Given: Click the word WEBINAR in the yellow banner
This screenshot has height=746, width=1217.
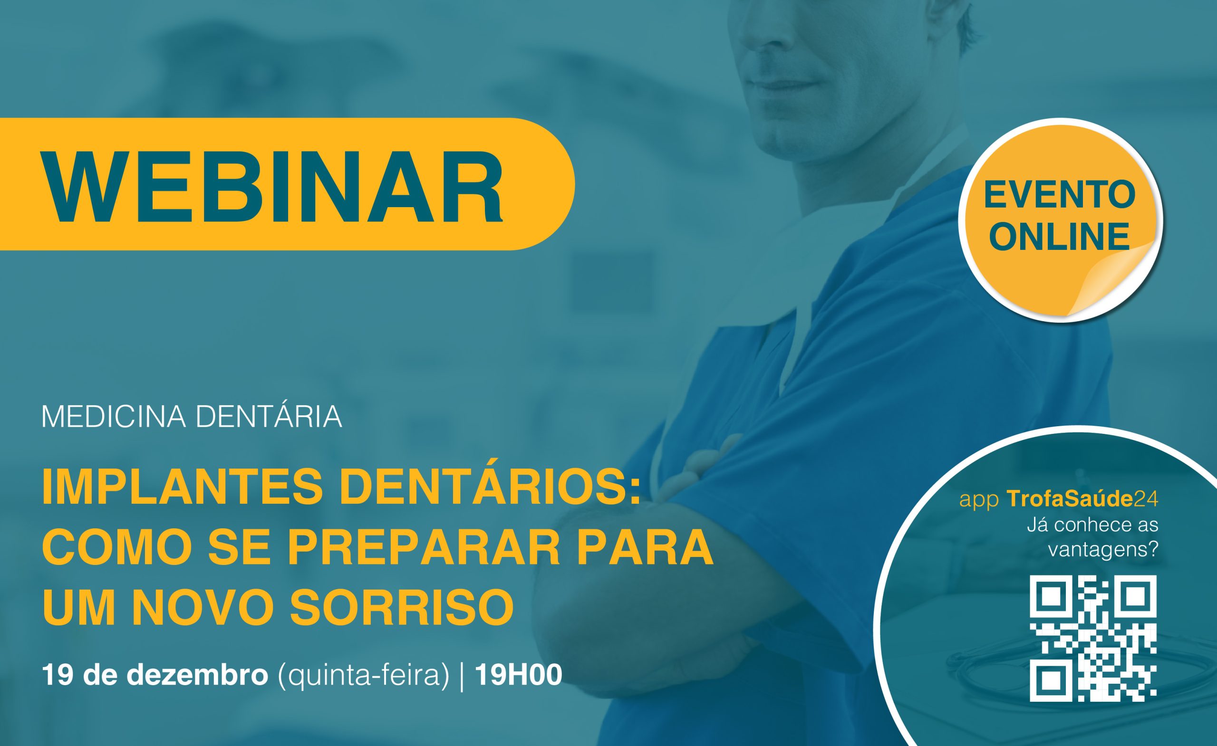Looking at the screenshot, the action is pos(273,187).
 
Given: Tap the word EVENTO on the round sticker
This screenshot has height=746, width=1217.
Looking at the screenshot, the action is pos(1060,195).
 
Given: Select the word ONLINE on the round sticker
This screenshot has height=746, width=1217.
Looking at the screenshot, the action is pos(1060,237).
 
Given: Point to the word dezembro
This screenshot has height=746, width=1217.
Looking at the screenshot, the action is pos(197,674).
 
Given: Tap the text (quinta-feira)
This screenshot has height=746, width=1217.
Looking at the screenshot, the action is pos(364,675).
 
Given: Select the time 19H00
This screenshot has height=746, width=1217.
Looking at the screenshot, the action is pos(519,674).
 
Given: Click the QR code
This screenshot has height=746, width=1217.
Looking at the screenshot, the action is pos(1093,638).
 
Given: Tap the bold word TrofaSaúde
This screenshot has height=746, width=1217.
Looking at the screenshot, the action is pos(1069,498).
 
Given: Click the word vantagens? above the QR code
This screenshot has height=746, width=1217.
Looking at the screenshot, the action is pos(1103,550).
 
